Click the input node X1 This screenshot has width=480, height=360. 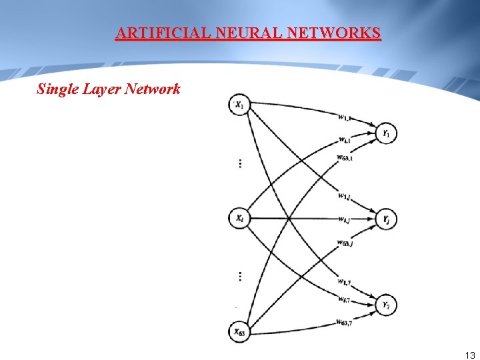pyautogui.click(x=239, y=104)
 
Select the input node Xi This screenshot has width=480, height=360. pyautogui.click(x=239, y=218)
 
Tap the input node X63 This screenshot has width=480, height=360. pyautogui.click(x=239, y=331)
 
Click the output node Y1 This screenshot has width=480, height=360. pyautogui.click(x=385, y=133)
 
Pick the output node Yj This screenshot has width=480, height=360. pyautogui.click(x=385, y=218)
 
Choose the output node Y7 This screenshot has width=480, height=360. pyautogui.click(x=385, y=305)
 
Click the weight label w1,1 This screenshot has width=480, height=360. pyautogui.click(x=345, y=119)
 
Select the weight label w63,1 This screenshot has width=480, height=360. pyautogui.click(x=345, y=157)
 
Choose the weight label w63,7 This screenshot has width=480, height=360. pyautogui.click(x=345, y=323)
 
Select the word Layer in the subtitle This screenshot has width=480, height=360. pyautogui.click(x=101, y=89)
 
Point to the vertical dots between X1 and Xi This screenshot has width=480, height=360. pyautogui.click(x=239, y=163)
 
